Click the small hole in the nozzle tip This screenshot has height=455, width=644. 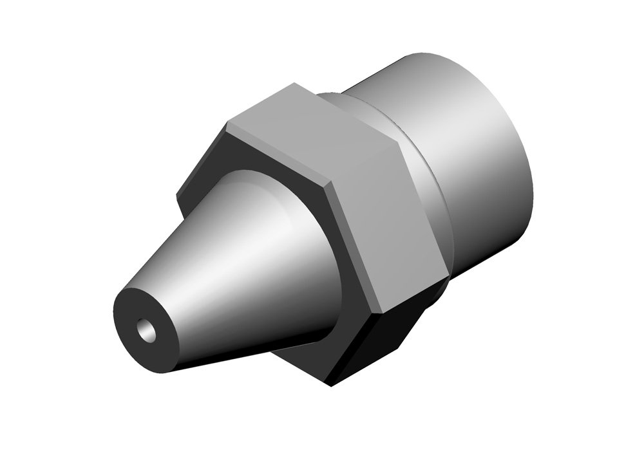point(146,330)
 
